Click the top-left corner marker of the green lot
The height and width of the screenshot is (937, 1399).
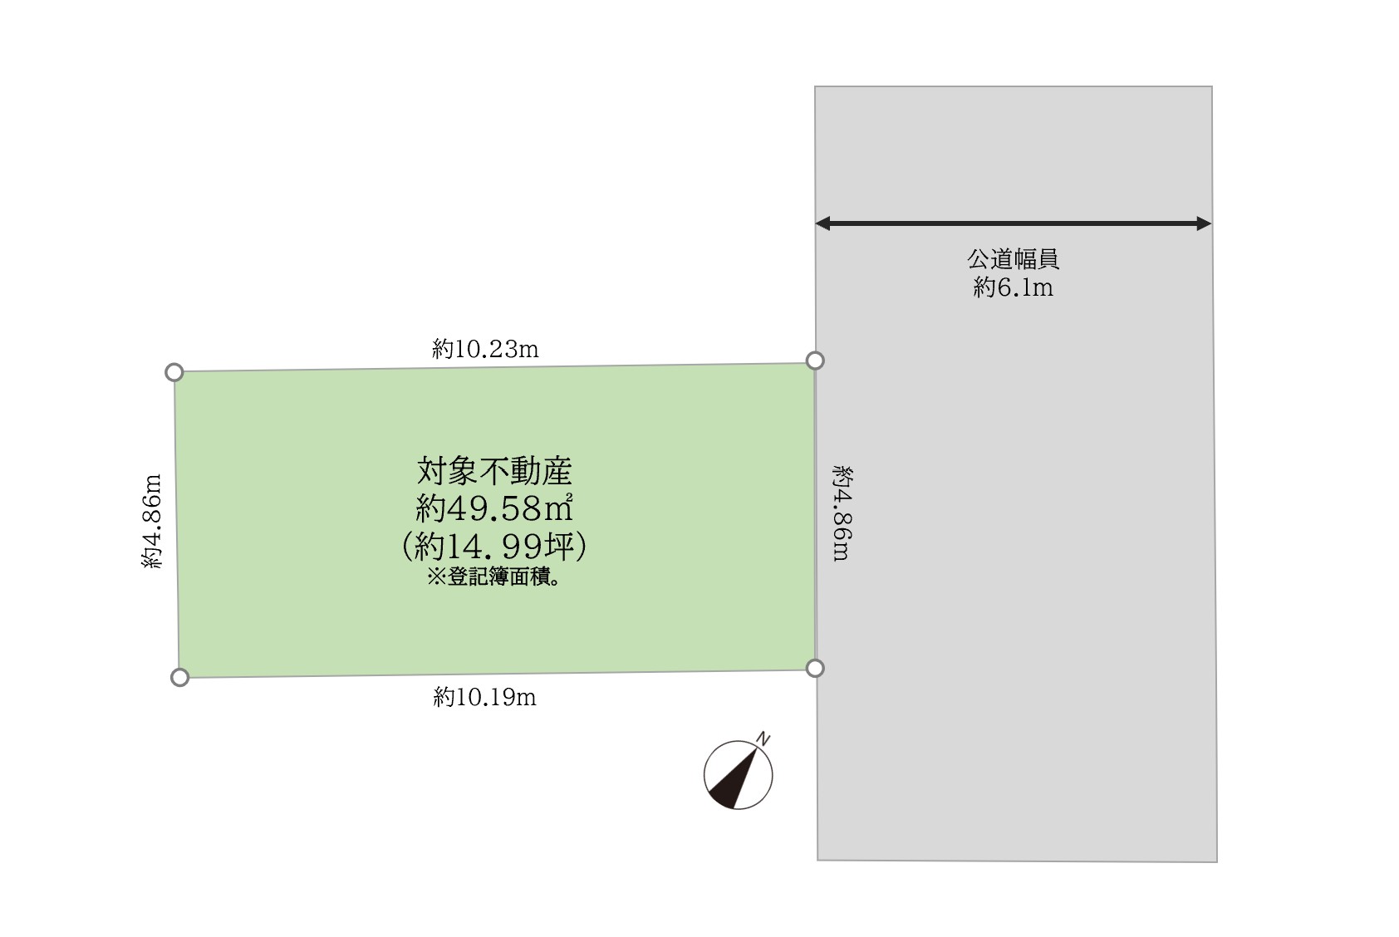point(174,372)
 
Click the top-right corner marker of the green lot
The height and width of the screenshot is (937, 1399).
point(815,360)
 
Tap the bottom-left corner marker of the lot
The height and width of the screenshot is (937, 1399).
point(179,678)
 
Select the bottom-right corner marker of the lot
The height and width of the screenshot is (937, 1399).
point(815,668)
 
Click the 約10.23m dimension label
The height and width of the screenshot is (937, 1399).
point(485,349)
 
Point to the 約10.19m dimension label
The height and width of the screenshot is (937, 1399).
point(484,697)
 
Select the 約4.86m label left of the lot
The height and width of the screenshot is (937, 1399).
point(152,521)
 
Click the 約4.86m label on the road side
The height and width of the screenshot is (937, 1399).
point(841,513)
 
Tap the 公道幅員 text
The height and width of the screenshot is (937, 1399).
point(1013,259)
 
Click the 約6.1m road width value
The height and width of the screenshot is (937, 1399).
point(1013,287)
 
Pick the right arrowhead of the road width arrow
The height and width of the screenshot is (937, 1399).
point(1204,223)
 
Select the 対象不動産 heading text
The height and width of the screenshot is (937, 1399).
point(494,471)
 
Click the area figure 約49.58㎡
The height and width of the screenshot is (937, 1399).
point(494,508)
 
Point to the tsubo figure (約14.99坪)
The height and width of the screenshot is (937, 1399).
point(494,546)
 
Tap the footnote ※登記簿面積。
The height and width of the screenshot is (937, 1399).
point(494,577)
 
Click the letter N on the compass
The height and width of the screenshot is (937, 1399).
point(763,739)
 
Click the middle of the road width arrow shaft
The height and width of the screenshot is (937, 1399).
point(1013,223)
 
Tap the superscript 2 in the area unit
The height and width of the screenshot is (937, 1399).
point(569,497)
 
